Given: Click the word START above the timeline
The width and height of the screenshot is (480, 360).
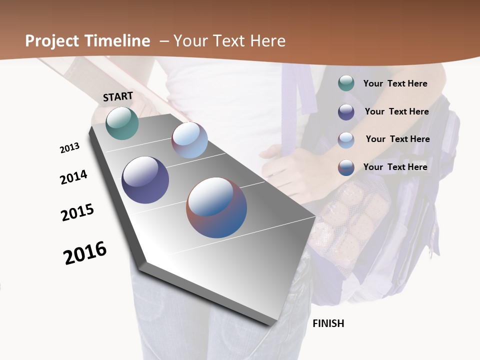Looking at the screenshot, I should point(118,96).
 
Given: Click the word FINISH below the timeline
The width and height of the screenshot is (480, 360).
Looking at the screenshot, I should point(328,323).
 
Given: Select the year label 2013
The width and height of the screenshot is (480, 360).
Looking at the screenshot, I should point(69,148).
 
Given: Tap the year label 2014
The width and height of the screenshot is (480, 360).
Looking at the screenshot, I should point(73,177).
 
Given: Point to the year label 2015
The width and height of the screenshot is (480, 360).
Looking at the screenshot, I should point(77,212).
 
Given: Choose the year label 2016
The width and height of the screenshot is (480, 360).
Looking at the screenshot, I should point(85,253).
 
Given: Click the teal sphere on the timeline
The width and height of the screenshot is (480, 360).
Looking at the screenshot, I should point(122,123).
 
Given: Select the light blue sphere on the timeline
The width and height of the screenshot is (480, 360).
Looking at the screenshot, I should point(189,140).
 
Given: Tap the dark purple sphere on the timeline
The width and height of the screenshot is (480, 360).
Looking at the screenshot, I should point(145,180).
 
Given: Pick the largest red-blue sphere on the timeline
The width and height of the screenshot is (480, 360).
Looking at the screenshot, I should point(216,207).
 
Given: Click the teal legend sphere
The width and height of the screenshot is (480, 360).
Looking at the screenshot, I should point(346,83).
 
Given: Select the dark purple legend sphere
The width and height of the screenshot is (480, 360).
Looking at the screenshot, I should point(346,112).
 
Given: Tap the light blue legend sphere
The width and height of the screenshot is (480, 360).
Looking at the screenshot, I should point(346,140).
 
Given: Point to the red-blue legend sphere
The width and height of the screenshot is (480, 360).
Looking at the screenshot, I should point(346,167).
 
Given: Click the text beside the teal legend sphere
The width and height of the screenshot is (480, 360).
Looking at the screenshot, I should point(395,83).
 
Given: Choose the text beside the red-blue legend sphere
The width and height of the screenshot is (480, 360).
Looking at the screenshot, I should point(395,167).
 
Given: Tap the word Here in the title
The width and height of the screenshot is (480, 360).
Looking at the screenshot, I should point(267,41).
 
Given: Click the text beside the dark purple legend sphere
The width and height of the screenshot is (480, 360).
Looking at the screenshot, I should point(396,111).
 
